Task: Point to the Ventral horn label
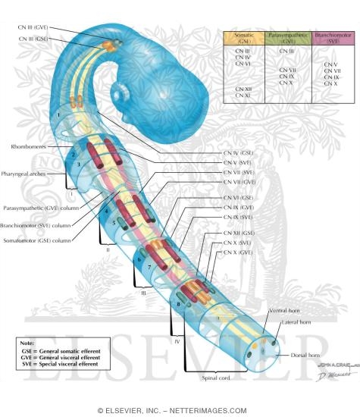click(x=283, y=312)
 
